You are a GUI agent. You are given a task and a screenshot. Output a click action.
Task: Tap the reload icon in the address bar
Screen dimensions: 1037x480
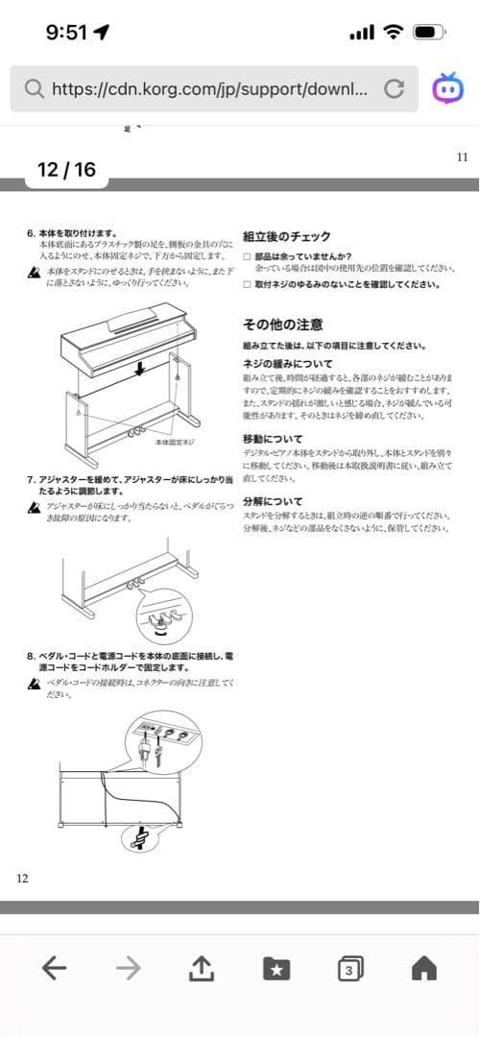point(394,89)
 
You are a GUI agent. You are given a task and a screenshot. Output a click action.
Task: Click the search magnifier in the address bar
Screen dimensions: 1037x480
point(34,89)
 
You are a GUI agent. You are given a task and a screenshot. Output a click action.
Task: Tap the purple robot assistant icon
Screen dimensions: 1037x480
point(446,88)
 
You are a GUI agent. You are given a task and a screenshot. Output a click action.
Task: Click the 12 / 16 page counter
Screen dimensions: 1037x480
point(66,170)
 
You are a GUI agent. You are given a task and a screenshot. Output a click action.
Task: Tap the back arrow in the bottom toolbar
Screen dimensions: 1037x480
point(55,969)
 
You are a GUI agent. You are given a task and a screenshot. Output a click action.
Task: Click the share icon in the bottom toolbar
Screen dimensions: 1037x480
point(200,969)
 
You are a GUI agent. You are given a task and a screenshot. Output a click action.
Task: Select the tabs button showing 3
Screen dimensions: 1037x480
point(350,969)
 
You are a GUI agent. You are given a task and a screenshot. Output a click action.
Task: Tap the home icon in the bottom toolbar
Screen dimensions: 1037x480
point(423,969)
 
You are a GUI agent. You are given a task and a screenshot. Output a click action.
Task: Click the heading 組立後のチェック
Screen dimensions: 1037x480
point(287,236)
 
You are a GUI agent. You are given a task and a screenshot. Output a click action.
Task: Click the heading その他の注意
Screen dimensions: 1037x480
point(283,324)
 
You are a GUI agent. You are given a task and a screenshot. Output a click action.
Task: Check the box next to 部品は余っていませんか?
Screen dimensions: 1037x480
point(248,256)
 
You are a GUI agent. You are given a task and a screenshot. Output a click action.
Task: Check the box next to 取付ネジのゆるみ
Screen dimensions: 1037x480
point(248,284)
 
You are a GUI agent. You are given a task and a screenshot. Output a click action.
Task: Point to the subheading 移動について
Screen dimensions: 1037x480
point(274,438)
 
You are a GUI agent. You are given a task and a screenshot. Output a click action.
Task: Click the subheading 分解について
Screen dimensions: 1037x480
point(274,501)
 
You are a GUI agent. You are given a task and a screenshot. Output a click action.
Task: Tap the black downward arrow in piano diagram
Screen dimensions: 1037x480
point(141,370)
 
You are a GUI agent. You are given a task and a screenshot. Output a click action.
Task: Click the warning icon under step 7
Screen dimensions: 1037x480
point(35,507)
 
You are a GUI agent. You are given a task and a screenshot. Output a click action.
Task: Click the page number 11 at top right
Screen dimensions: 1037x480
point(462,157)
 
